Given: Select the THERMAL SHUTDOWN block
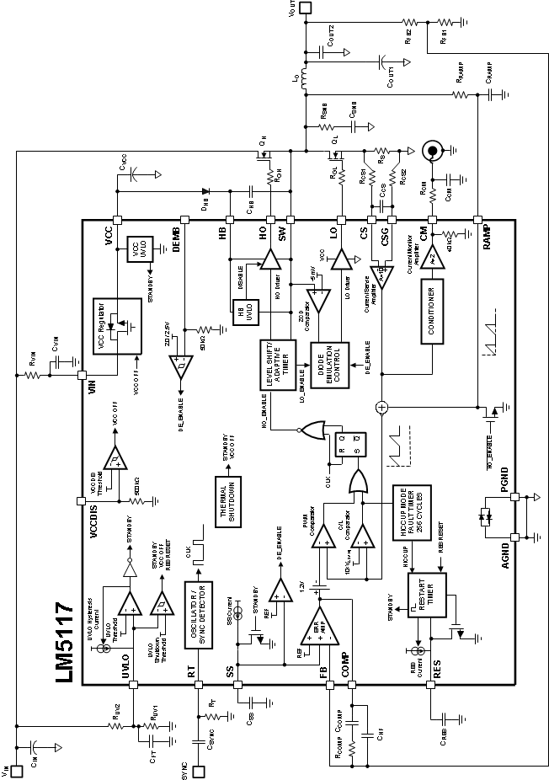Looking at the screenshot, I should [227, 497].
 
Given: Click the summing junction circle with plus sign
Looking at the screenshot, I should [381, 407].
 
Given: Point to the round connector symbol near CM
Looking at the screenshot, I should [431, 152].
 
